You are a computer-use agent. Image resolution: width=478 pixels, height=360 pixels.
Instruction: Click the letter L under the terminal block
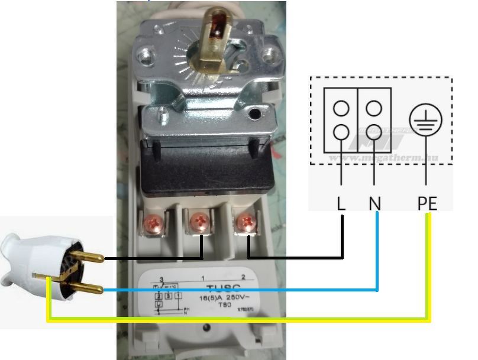coord(341,204)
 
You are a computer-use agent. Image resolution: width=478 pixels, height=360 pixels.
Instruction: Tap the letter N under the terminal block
coord(374,204)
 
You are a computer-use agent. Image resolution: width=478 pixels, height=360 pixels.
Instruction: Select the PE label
coord(427,204)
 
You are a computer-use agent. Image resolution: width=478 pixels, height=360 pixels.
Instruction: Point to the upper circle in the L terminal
coord(341,108)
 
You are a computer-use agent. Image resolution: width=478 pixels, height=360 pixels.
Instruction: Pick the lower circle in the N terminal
coord(373,132)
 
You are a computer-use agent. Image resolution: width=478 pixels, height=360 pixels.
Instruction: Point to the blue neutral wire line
coord(237,290)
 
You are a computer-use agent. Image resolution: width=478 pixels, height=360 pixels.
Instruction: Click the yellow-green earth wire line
coord(237,320)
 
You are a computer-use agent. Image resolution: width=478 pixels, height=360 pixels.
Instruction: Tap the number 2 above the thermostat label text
coord(243,277)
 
